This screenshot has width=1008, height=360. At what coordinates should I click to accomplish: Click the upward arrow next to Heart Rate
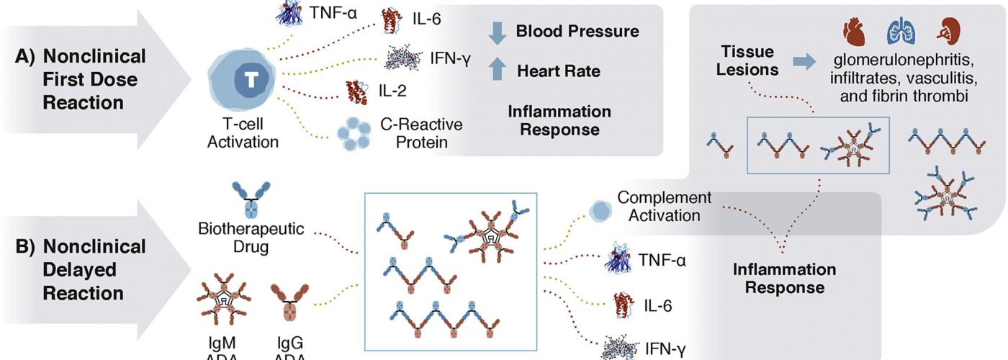click(498, 71)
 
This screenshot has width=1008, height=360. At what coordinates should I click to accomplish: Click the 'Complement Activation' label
click(665, 206)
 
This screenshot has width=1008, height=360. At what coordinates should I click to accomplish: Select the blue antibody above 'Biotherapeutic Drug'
click(251, 199)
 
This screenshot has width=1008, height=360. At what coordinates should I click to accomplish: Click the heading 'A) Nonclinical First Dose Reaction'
click(94, 79)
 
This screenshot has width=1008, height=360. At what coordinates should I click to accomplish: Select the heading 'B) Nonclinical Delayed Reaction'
click(94, 270)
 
